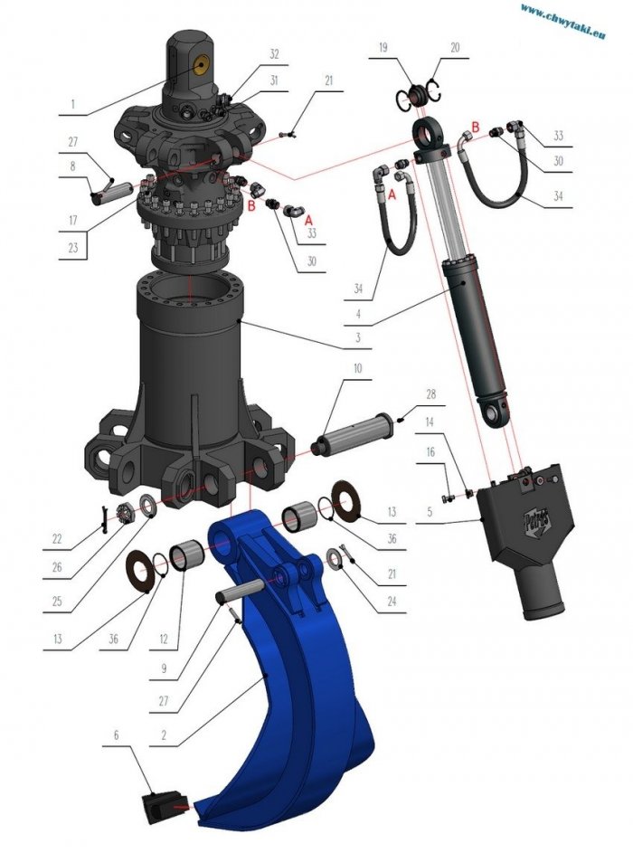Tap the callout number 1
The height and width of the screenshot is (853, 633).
pos(72,103)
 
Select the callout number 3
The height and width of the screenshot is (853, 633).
pos(358,337)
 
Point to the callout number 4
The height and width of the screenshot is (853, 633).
pos(358,314)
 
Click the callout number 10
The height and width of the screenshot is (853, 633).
pos(358,368)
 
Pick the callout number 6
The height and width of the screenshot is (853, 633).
pos(116,735)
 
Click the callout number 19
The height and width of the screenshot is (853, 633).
pos(383,47)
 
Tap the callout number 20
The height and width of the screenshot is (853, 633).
pos(455,47)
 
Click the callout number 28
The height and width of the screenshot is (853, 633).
pos(430,393)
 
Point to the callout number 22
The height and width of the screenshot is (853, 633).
pos(57,538)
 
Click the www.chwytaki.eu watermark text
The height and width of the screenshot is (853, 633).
pos(562,21)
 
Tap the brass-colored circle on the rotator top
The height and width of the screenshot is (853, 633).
pos(203,66)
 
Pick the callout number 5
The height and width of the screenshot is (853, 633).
pos(430,512)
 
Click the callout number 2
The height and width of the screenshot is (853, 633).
pos(164,735)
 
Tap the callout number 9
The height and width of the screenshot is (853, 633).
pos(164,668)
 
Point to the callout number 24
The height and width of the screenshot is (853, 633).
pos(392,602)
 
